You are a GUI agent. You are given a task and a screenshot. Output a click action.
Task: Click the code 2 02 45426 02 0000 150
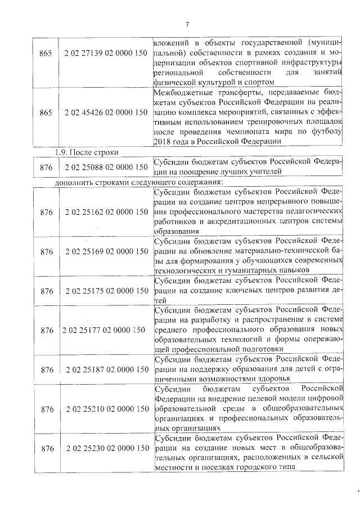106,113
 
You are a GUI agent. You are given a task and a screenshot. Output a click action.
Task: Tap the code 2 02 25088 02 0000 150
106,166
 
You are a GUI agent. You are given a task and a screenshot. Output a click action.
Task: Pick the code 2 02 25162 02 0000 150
106,211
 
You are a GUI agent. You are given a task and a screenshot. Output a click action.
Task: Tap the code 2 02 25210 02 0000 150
106,409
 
